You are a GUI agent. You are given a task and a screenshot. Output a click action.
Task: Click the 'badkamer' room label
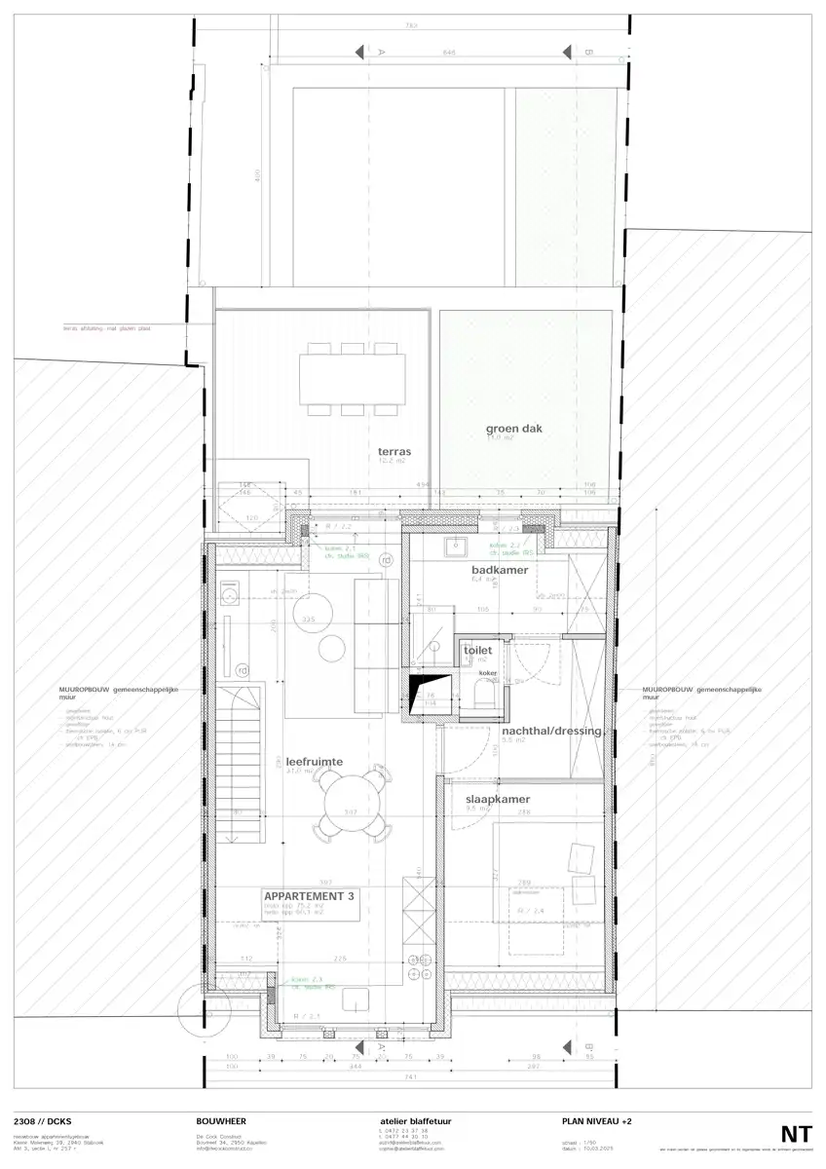[500, 570]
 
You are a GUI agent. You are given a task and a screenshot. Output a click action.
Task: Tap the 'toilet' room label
[478, 650]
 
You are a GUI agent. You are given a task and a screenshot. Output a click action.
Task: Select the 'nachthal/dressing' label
[551, 731]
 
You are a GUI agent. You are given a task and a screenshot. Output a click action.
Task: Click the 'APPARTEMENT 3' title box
[308, 897]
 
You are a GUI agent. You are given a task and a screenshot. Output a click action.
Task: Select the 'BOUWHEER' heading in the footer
[221, 1122]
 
